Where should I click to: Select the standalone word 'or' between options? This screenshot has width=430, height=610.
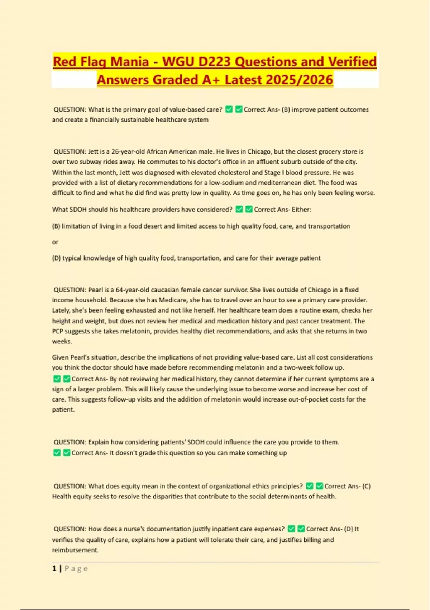(55, 242)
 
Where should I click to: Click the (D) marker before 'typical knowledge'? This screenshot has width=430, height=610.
(56, 258)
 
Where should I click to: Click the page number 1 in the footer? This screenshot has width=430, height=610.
(54, 568)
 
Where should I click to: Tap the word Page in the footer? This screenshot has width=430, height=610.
(76, 568)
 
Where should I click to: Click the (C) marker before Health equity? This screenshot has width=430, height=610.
(366, 486)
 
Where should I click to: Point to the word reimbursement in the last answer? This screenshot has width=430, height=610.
(75, 550)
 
